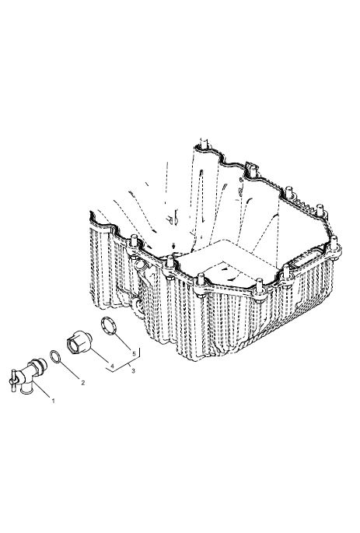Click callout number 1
click(53, 401)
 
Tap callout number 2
click(82, 382)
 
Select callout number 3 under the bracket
click(133, 371)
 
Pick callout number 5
click(135, 353)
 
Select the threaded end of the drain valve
click(40, 364)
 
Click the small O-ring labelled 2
click(56, 356)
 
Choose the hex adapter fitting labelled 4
click(79, 342)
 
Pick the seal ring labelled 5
click(109, 326)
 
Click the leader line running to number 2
click(70, 370)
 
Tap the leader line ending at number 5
click(122, 341)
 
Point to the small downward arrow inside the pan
click(174, 245)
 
